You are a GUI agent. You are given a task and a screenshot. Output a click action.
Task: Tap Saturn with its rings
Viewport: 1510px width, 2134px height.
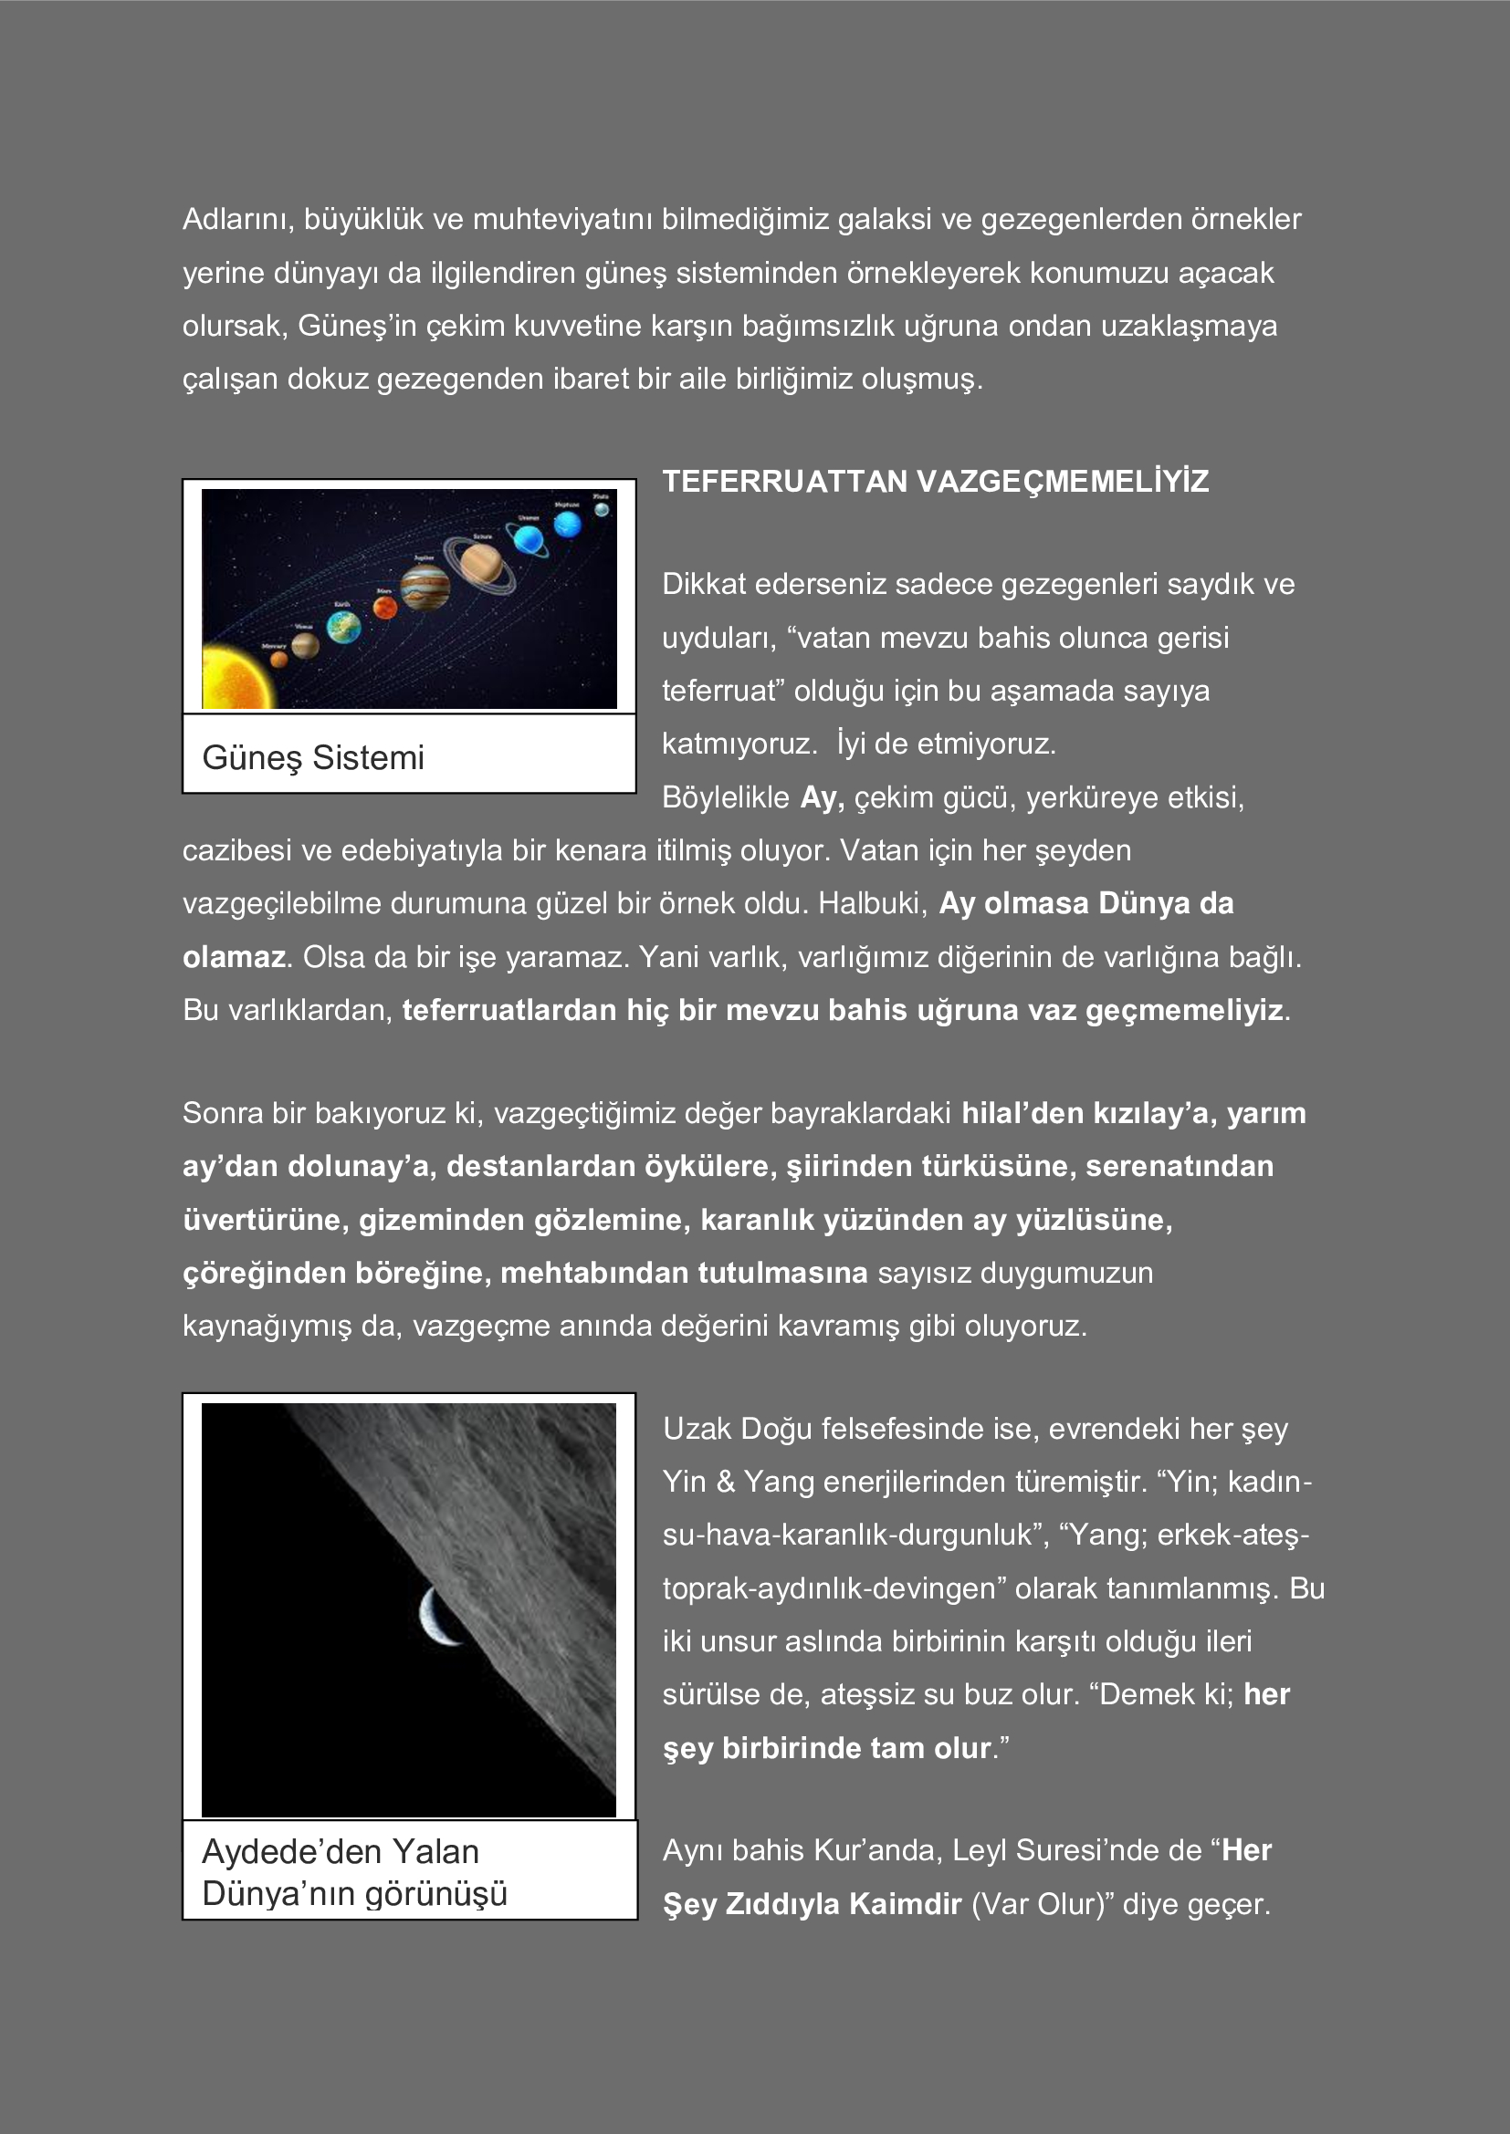tap(480, 563)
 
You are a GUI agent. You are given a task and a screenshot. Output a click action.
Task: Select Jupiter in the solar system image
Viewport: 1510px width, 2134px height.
tap(425, 588)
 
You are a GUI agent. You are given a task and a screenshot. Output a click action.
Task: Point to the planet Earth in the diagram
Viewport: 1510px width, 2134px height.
tap(343, 629)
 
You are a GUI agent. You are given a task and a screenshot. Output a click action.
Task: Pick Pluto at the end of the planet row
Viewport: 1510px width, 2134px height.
tap(603, 508)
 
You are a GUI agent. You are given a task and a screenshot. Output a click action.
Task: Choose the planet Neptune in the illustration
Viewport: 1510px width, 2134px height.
tap(567, 525)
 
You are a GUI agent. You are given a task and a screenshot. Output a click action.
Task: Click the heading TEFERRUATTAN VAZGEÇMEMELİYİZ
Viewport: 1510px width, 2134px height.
tap(935, 482)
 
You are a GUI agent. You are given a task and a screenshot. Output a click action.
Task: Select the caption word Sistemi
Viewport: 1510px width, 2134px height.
tap(368, 757)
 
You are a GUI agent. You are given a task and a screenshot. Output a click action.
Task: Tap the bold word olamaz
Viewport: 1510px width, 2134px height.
tap(234, 956)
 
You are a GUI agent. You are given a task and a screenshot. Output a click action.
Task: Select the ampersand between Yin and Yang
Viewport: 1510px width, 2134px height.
tap(725, 1482)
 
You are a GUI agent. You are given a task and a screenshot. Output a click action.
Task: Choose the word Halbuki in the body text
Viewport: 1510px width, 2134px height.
tap(872, 903)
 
